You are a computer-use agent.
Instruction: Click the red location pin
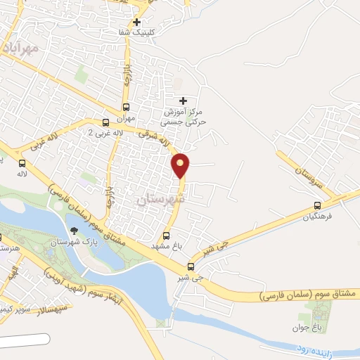[181, 165]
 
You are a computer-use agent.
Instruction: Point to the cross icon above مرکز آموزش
[184, 101]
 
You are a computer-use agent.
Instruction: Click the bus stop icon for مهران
[126, 108]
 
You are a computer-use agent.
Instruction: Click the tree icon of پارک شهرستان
[75, 231]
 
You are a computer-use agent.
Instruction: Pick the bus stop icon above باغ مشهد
[167, 236]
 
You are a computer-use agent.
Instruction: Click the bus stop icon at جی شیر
[191, 266]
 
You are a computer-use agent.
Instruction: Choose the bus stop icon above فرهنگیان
[317, 206]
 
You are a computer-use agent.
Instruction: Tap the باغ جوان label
[307, 327]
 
